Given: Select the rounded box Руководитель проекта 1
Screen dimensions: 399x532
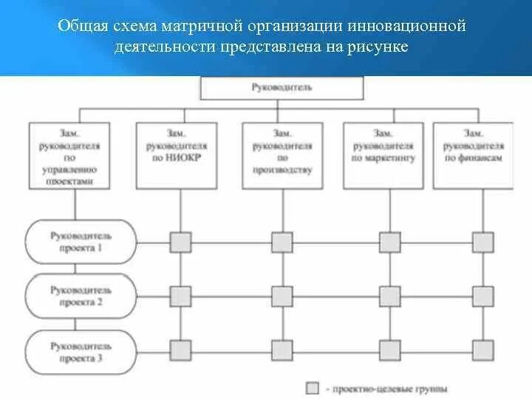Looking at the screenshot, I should click(81, 242).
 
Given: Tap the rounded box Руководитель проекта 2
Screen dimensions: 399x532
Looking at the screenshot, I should click(81, 296).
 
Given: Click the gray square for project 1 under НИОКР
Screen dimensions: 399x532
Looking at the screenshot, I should click(180, 242).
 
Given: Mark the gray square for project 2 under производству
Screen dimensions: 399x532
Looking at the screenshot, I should click(282, 296).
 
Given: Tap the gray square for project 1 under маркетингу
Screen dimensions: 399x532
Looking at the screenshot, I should click(389, 242).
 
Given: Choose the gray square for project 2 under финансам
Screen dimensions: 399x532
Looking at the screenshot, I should click(483, 296).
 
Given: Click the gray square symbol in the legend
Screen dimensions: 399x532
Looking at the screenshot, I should click(313, 387).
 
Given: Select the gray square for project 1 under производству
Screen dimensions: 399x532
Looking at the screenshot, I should click(282, 242).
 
